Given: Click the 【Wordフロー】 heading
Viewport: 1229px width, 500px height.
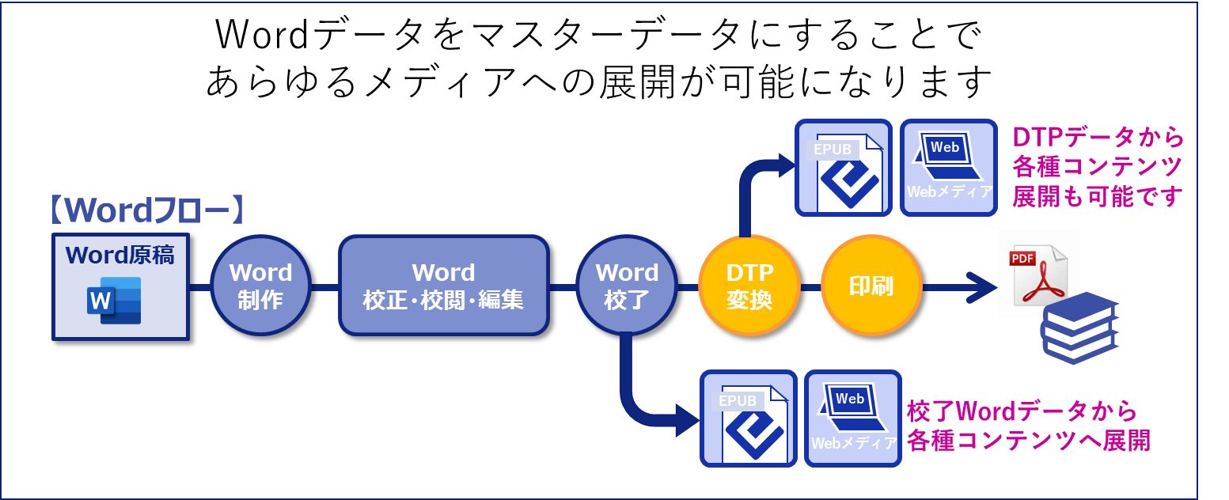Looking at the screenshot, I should click(146, 210).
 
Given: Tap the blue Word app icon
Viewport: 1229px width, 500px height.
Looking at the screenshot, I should click(116, 301).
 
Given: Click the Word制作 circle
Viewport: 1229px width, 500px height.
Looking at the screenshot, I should click(260, 286).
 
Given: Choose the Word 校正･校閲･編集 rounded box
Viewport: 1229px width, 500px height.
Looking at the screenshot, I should click(443, 286).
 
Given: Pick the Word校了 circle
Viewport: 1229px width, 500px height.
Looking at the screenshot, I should click(627, 286).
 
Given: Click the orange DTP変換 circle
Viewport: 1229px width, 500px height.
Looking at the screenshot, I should click(749, 286).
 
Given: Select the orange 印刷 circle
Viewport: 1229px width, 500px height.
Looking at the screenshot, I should click(871, 286).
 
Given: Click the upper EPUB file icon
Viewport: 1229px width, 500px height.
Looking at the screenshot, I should click(844, 168).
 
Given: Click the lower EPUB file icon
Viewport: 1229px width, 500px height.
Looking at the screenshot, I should click(748, 419).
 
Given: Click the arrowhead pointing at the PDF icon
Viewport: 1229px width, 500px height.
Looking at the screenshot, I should click(982, 286).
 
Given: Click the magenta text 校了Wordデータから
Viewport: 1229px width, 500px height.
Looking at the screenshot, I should click(1022, 411).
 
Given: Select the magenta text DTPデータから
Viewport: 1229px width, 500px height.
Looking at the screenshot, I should click(1098, 137).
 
